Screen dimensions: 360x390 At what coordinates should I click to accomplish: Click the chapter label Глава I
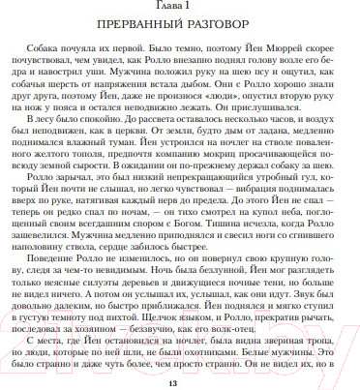coord(179,7)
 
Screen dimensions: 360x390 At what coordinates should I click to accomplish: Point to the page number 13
coord(179,383)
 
